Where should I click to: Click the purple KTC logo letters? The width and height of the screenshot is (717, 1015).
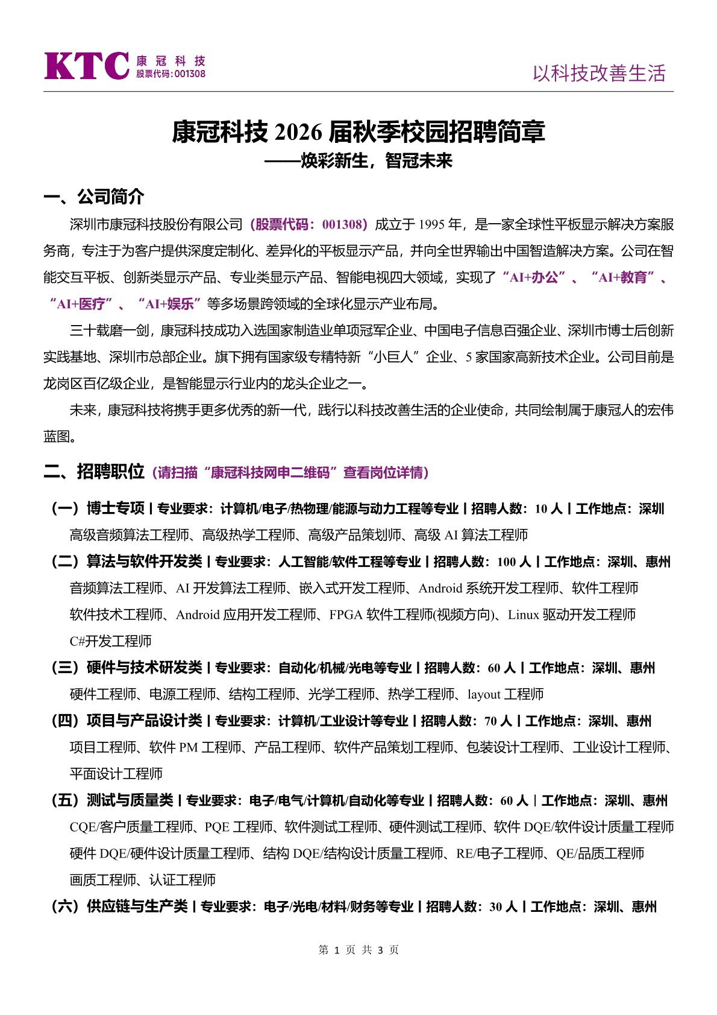[x=86, y=66]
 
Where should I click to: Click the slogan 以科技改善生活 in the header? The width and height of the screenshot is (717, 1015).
[x=599, y=74]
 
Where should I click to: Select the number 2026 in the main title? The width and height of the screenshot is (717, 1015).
[x=297, y=132]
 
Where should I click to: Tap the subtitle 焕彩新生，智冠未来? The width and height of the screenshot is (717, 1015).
[x=377, y=161]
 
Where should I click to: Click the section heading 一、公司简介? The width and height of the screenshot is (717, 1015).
[x=94, y=197]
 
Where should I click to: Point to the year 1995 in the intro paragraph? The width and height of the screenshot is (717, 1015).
[x=431, y=225]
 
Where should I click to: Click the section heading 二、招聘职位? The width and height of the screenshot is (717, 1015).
[x=94, y=471]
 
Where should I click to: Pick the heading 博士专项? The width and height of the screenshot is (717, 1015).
[x=116, y=508]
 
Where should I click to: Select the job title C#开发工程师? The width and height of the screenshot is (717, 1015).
[x=110, y=641]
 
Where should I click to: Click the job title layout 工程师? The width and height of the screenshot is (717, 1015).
[x=506, y=694]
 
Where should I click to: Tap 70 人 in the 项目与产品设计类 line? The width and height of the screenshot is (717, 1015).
[x=498, y=721]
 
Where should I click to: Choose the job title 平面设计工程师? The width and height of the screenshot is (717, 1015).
[x=116, y=774]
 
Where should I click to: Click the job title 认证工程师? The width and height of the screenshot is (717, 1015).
[x=183, y=880]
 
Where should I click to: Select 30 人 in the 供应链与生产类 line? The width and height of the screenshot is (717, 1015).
[x=503, y=907]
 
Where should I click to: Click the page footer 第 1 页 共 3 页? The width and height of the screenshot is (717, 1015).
[x=358, y=950]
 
